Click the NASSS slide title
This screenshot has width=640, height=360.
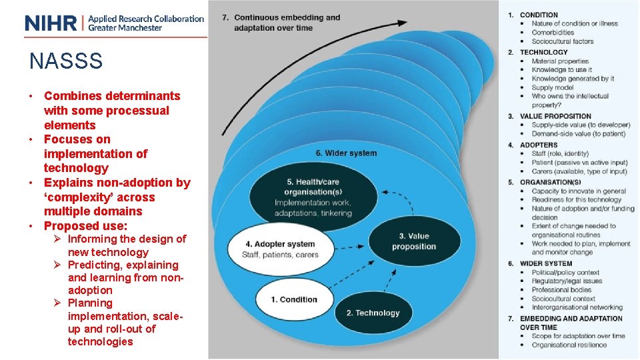66,61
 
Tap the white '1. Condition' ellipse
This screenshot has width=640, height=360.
294,299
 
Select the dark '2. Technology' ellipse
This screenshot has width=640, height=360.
373,313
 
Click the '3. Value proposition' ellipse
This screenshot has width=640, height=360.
413,241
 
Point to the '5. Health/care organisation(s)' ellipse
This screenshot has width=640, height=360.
313,197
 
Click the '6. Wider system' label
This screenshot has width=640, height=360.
346,153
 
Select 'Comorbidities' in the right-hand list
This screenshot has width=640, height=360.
553,33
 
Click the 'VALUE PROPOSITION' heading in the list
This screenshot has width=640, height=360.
555,116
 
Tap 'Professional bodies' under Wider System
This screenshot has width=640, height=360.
561,290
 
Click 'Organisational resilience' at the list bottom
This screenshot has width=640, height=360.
569,345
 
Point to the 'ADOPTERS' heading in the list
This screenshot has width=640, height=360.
539,145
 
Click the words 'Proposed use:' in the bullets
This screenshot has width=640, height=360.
85,226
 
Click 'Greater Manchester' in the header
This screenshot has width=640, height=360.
125,28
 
